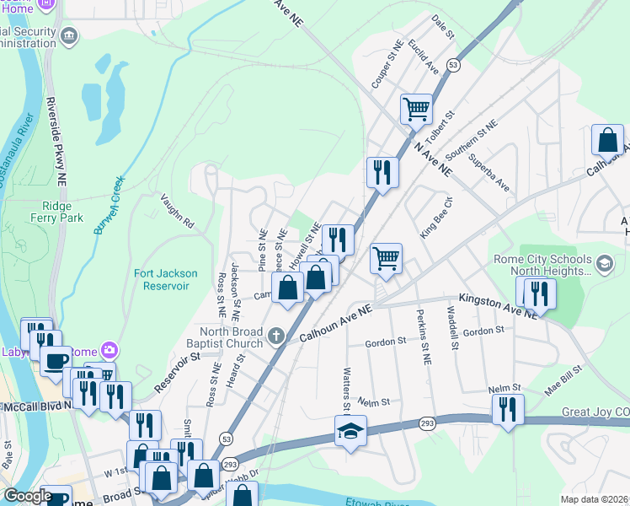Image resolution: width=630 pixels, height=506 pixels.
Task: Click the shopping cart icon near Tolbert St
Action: [x=416, y=109]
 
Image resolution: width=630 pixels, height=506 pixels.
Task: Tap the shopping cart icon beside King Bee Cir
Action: [x=386, y=258]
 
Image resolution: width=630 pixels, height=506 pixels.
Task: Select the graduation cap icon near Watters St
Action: [x=350, y=431]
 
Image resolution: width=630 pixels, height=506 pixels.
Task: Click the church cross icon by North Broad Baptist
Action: [x=275, y=338]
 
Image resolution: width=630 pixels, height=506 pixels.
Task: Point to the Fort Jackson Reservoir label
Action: [x=166, y=279]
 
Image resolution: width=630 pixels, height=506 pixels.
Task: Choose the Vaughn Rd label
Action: [x=178, y=213]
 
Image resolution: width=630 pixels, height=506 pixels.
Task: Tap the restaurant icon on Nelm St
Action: [x=507, y=409]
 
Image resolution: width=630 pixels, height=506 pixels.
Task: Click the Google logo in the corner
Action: [x=27, y=495]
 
